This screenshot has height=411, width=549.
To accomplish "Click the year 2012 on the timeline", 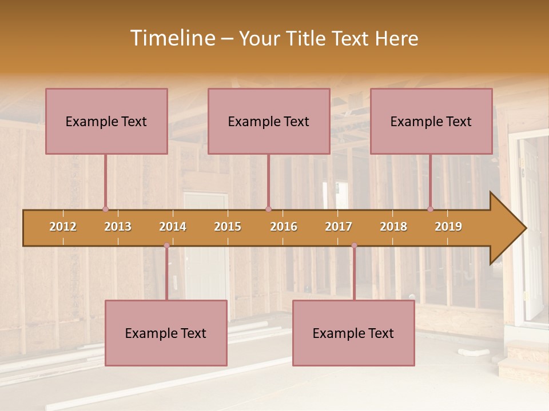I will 63,227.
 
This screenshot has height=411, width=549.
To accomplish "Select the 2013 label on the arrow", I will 118,227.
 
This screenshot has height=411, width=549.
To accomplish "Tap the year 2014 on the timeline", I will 173,227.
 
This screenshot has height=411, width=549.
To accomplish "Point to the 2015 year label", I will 228,227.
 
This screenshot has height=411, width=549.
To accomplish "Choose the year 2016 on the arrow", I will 284,227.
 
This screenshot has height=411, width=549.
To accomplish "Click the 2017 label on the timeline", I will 339,227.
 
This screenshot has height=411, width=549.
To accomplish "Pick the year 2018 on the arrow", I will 393,227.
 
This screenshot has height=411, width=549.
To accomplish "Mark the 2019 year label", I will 448,227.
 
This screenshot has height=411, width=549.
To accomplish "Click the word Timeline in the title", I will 171,38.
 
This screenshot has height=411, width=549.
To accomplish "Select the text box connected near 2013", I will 106,121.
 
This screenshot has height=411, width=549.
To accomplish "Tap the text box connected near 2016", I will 269,121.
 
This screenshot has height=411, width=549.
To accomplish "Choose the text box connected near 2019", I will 431,121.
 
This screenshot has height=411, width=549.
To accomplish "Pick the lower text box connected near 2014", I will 166,333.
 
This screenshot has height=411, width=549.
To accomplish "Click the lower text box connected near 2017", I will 353,333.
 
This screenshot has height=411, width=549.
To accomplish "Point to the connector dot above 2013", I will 105,209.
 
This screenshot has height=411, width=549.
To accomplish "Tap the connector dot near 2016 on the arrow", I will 268,209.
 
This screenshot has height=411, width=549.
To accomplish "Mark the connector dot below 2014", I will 166,245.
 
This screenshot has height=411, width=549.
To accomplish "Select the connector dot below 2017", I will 354,245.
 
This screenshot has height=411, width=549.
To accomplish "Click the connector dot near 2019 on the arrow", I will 431,209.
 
